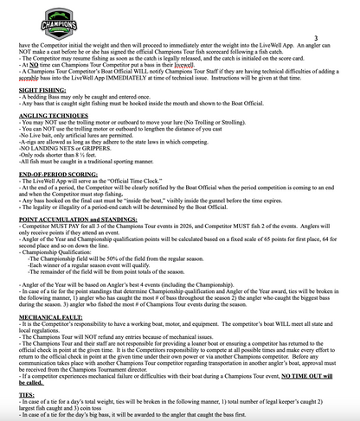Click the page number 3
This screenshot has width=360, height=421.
click(x=317, y=38)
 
